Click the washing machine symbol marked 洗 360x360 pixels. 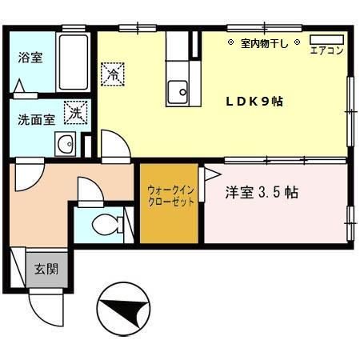pyautogui.click(x=75, y=113)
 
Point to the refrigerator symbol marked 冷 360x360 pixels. pyautogui.click(x=113, y=75)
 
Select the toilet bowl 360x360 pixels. pyautogui.click(x=105, y=226)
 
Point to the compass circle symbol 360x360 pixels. pyautogui.click(x=122, y=309)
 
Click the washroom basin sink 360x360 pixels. pyautogui.click(x=65, y=146)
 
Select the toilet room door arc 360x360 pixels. pyautogui.click(x=87, y=191)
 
